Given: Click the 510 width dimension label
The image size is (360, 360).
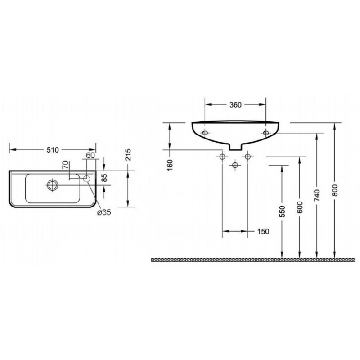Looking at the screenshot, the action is coord(53,150).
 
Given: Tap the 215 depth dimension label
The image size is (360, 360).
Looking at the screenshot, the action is coord(128,155).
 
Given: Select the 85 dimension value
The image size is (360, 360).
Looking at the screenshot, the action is coord(104,178).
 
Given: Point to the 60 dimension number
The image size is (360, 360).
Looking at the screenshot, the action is coord(90,155).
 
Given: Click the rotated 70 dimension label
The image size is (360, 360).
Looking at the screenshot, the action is coord(66,165).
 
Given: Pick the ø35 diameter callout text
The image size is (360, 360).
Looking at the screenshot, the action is coord(104,212).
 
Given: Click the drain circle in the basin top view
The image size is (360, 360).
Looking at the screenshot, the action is coord(53,185).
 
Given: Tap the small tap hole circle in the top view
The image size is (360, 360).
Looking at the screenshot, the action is coord(86,179).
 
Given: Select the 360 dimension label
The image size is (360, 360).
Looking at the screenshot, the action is coord(235,105).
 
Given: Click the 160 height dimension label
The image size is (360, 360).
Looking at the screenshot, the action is coord(170,165).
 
